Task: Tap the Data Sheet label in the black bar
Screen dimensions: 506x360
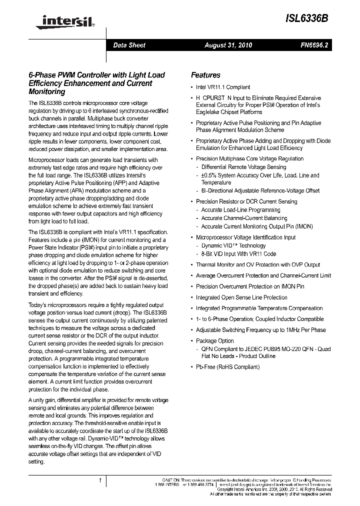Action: (129, 45)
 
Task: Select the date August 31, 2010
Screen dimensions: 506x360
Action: (228, 45)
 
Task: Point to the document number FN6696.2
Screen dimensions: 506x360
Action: (314, 45)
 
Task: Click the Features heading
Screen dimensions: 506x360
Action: (205, 75)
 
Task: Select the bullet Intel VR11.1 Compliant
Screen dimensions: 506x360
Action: (223, 87)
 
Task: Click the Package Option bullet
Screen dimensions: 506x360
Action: (214, 341)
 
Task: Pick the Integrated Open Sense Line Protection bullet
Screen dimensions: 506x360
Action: (241, 297)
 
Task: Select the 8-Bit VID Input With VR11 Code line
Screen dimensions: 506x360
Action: (238, 253)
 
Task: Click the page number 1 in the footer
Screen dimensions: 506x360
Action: (100, 481)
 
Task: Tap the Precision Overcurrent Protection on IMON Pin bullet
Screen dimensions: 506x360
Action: (249, 286)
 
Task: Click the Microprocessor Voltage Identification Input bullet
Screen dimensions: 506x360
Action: (245, 237)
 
